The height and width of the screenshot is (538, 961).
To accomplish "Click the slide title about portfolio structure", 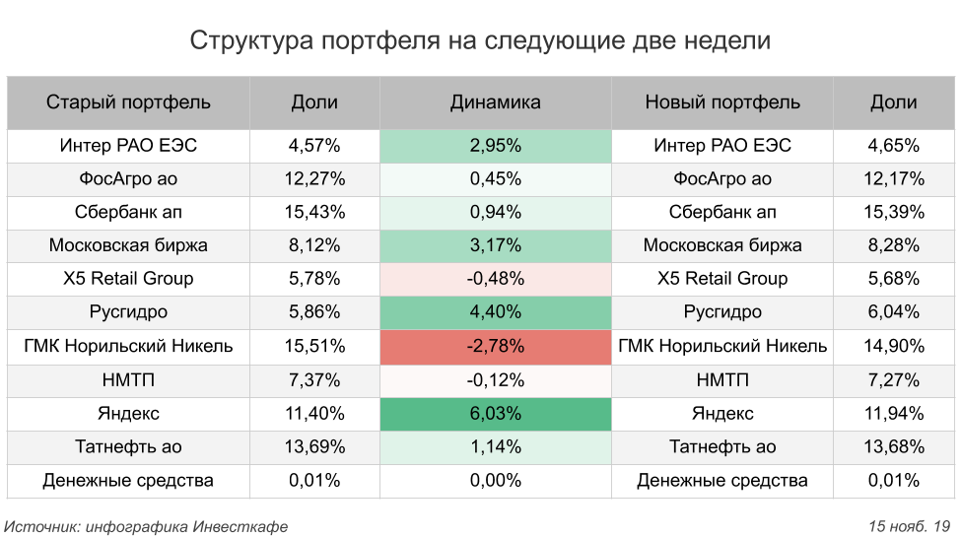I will (480, 40).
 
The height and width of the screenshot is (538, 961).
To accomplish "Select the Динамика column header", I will (495, 102).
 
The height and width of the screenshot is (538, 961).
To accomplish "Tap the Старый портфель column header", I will (128, 102).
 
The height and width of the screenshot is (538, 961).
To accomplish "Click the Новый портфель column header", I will (722, 102).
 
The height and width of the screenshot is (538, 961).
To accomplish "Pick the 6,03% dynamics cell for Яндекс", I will (495, 414).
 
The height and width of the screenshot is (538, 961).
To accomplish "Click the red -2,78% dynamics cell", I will (495, 347).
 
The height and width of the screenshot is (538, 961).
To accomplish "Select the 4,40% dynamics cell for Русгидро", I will (495, 312).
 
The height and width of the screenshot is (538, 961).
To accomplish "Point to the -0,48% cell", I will (495, 279).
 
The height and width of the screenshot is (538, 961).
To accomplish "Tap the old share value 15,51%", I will (314, 347).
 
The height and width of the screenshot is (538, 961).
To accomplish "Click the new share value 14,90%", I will (894, 347).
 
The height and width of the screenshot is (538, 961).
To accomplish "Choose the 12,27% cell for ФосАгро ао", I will (314, 179).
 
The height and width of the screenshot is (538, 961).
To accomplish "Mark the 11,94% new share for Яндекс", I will (894, 414).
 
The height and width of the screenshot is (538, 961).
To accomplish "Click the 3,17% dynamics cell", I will (495, 245).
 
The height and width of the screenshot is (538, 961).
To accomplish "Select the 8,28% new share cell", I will (894, 245).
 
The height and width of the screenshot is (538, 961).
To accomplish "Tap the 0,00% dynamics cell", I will (495, 481).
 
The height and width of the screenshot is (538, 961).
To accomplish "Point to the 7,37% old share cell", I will (314, 380).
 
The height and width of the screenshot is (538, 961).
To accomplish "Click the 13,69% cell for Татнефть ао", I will (314, 447).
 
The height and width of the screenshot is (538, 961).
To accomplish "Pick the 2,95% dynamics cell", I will (495, 146).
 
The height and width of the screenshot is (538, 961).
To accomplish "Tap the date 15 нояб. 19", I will (908, 526).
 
